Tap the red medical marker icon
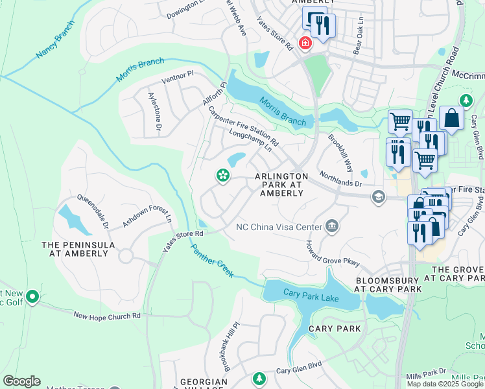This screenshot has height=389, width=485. click(x=303, y=43)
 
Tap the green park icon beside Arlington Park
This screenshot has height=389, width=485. click(x=222, y=176)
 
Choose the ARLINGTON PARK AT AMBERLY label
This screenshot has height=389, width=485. click(x=281, y=185)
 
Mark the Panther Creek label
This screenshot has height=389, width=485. click(x=211, y=262)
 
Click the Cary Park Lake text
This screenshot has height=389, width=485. click(x=311, y=293)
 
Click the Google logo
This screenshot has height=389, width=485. click(x=21, y=381)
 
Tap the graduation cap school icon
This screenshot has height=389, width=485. click(x=378, y=196)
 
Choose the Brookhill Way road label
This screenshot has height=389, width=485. click(x=340, y=153)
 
